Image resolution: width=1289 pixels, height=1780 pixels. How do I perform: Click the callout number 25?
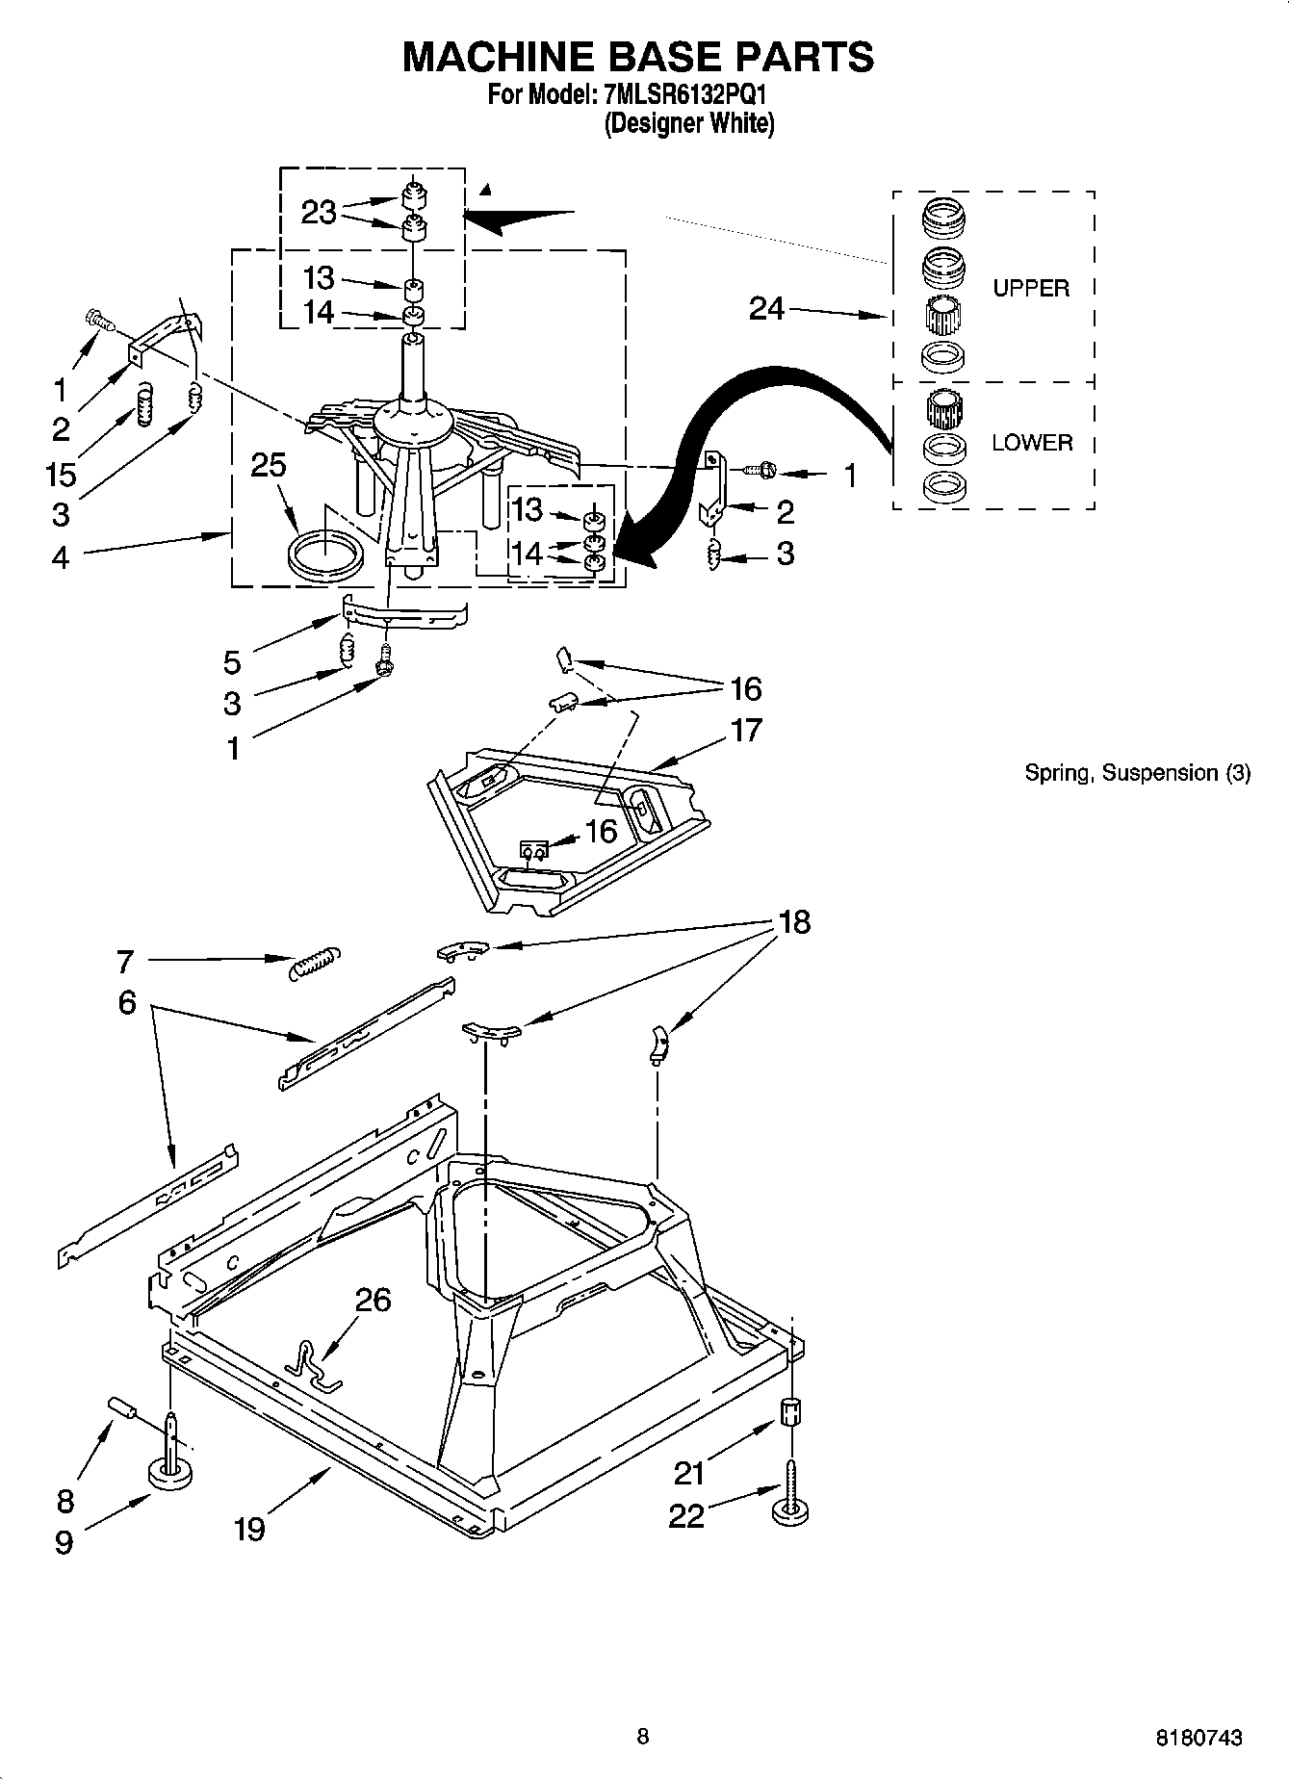click(x=269, y=465)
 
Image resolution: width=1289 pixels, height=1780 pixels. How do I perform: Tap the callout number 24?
click(x=767, y=309)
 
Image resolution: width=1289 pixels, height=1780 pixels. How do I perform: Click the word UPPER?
click(x=1031, y=288)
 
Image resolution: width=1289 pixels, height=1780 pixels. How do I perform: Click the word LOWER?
click(x=1031, y=443)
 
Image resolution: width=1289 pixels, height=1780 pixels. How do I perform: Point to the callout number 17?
click(x=746, y=730)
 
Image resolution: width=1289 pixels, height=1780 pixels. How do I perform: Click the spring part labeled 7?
click(x=315, y=962)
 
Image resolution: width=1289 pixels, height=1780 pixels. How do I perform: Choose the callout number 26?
click(x=374, y=1300)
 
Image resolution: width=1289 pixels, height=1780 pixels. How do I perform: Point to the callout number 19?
click(x=249, y=1529)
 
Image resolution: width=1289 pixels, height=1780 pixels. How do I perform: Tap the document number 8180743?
click(x=1199, y=1738)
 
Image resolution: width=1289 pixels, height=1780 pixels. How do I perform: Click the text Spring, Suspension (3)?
click(x=1137, y=772)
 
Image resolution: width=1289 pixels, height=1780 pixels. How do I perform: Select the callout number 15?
click(x=60, y=473)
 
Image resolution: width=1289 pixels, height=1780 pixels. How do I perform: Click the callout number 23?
click(x=319, y=212)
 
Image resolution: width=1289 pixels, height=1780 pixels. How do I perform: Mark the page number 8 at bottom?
click(x=642, y=1737)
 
